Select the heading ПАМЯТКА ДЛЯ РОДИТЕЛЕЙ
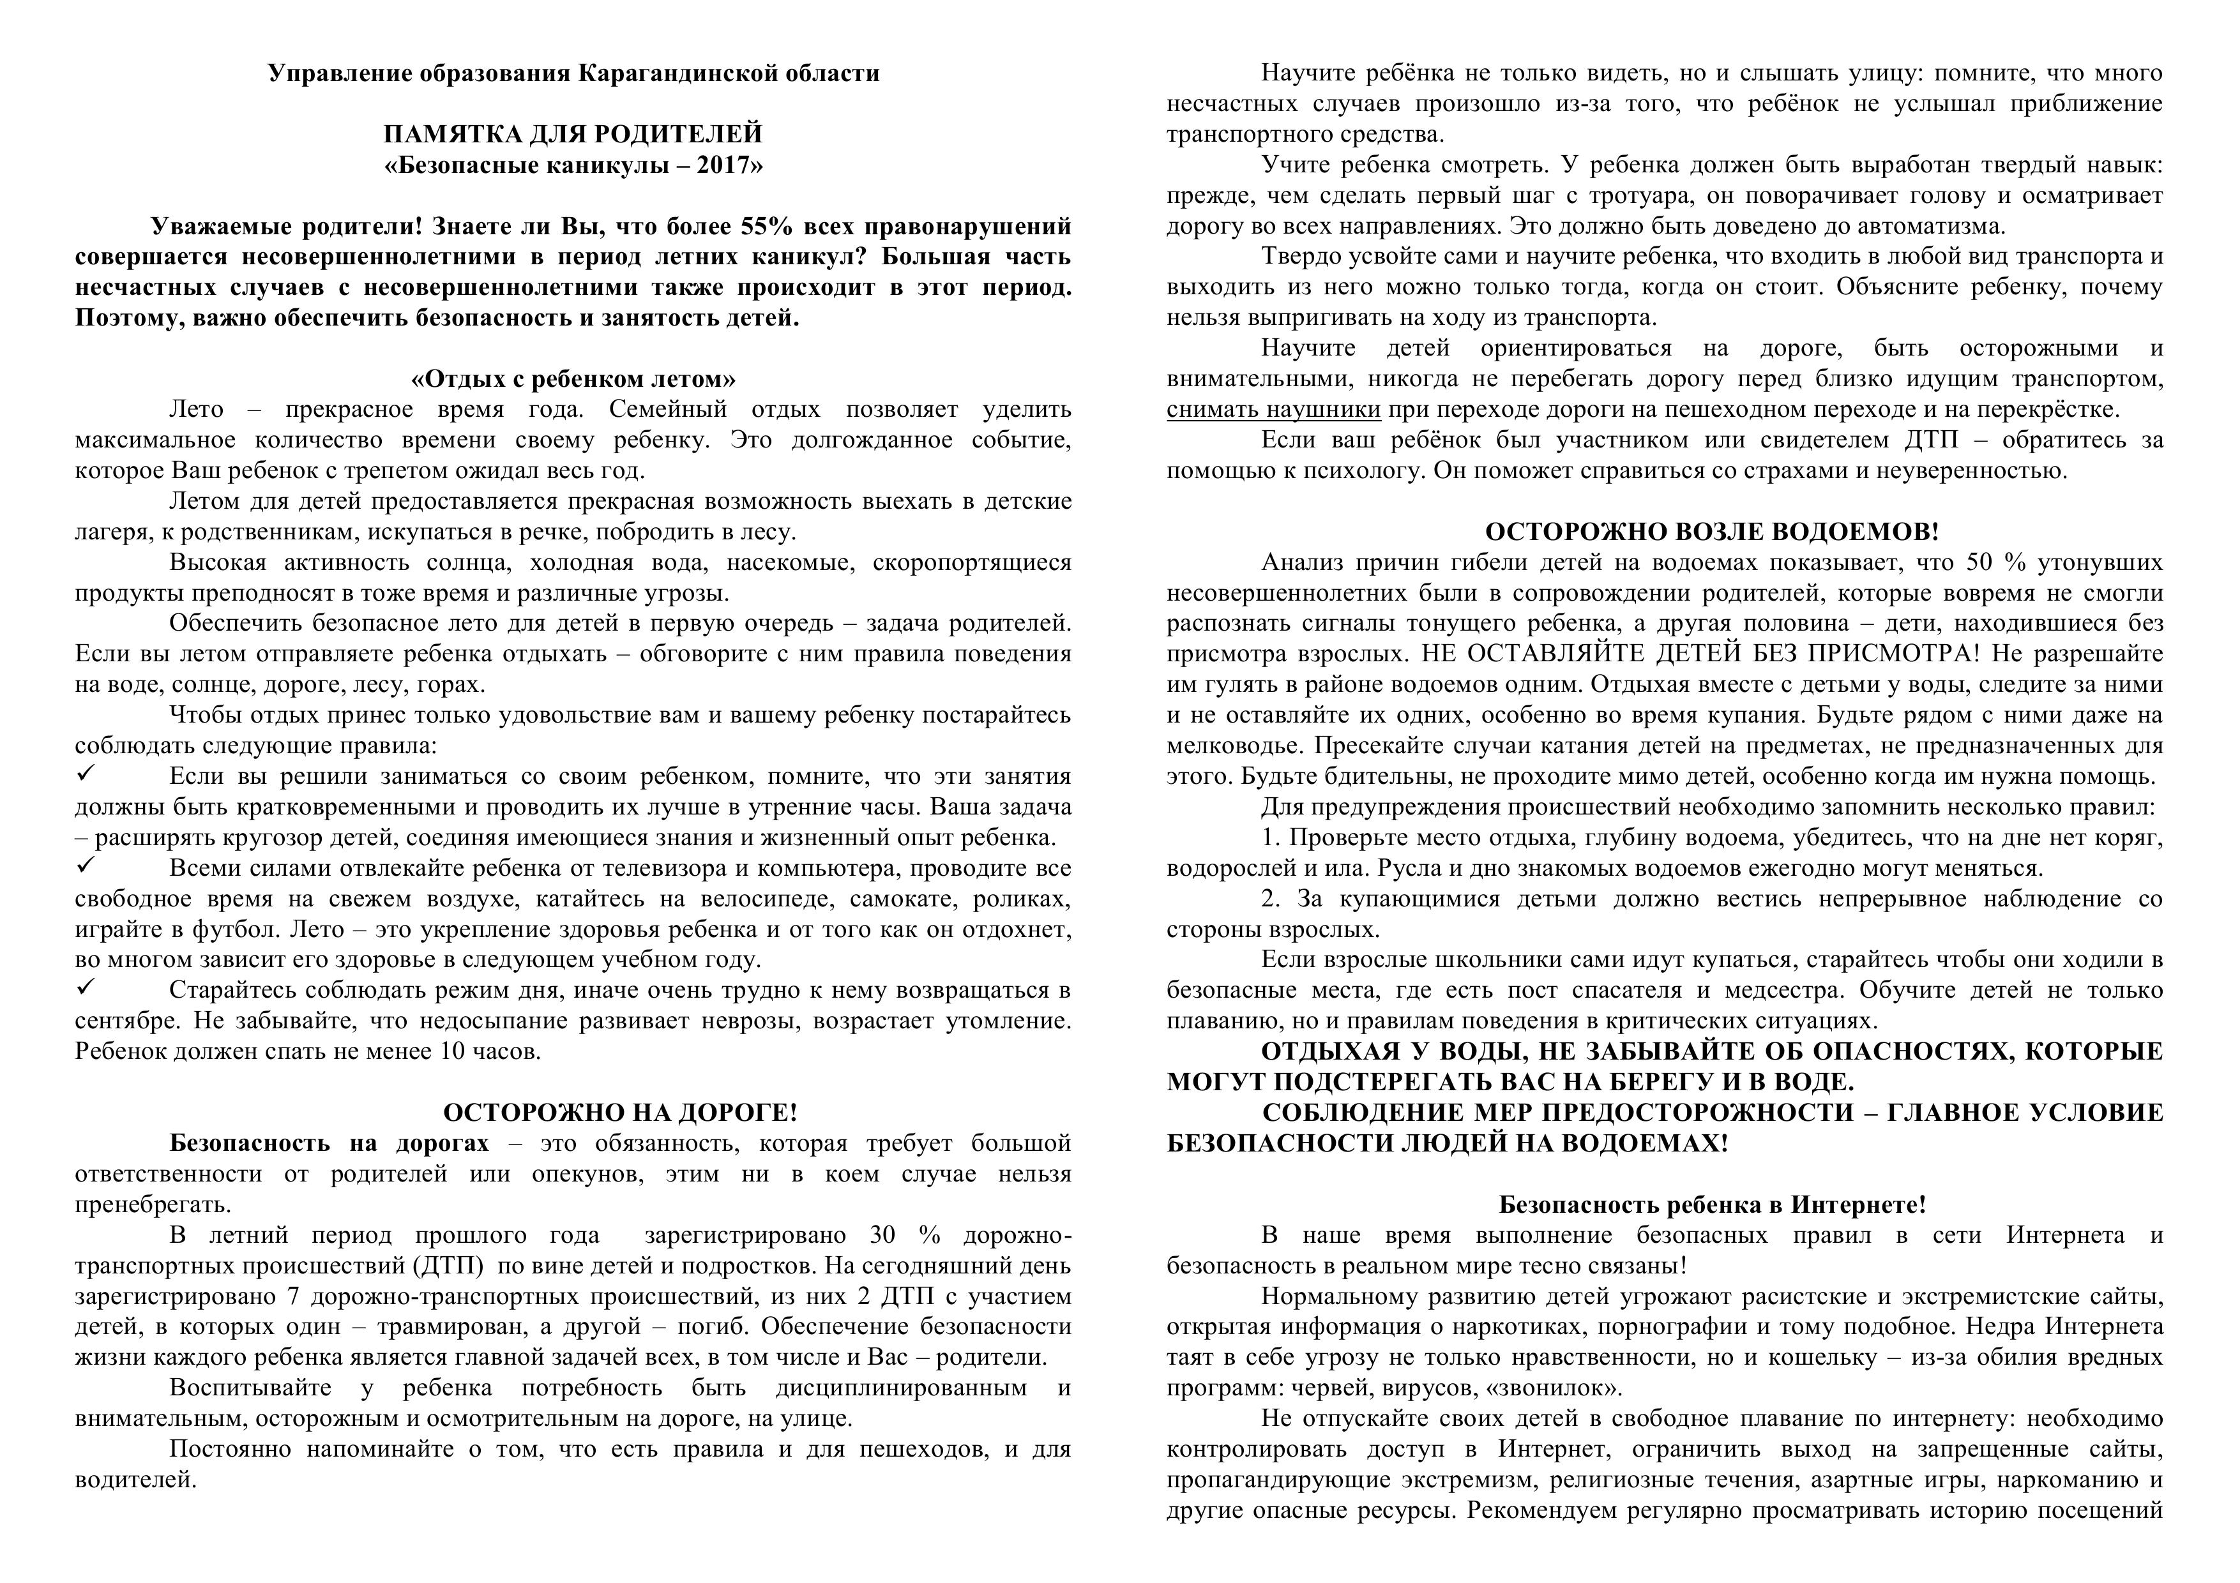tap(573, 133)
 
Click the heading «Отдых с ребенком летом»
tap(573, 379)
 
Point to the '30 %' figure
tap(904, 1234)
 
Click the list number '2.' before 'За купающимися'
tap(1269, 898)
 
